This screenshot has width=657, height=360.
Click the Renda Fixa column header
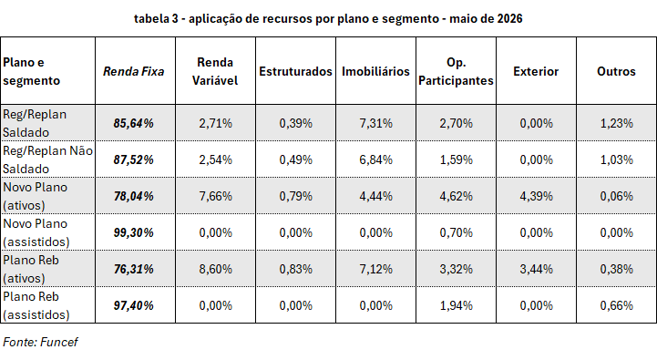[134, 72]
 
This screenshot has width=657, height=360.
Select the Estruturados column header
[295, 72]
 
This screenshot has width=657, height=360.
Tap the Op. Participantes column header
[456, 71]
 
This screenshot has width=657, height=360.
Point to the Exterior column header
[536, 72]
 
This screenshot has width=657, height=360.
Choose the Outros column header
[616, 72]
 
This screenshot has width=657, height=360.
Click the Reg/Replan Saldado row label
[35, 123]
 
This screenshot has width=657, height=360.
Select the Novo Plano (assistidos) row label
[36, 232]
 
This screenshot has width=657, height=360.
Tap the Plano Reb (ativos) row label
[31, 269]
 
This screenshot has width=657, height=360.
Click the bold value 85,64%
[134, 123]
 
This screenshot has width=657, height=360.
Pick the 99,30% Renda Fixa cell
[134, 232]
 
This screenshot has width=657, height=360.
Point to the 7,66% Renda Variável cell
[215, 196]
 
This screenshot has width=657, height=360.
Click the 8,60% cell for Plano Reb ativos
[215, 269]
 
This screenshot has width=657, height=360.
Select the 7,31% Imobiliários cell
[375, 123]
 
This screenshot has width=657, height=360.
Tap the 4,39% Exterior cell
[537, 196]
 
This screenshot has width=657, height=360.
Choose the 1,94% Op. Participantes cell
[456, 305]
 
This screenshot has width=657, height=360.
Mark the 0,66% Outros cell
[616, 305]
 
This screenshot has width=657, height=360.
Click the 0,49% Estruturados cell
[296, 159]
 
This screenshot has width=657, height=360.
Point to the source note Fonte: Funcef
[40, 342]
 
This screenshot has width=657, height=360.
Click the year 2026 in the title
[509, 18]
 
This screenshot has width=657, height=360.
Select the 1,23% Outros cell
[616, 123]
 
